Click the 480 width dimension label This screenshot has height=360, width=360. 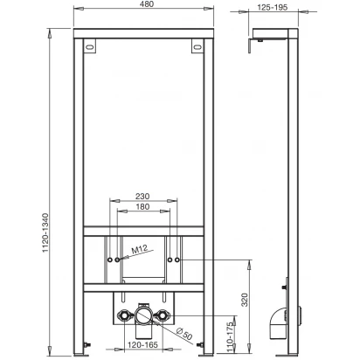pyautogui.click(x=147, y=4)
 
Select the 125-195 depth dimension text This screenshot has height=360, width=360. pyautogui.click(x=273, y=7)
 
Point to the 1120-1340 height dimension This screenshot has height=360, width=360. pyautogui.click(x=45, y=232)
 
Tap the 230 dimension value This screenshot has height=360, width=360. pyautogui.click(x=142, y=197)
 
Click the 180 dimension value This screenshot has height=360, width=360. pyautogui.click(x=142, y=207)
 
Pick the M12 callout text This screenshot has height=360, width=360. pyautogui.click(x=139, y=250)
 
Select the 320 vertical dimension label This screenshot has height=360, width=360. pyautogui.click(x=245, y=300)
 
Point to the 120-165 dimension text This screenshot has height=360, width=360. pyautogui.click(x=142, y=345)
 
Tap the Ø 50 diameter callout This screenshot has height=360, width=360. pyautogui.click(x=184, y=334)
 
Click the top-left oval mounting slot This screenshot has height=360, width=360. pyautogui.click(x=90, y=46)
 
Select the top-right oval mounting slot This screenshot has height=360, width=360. pyautogui.click(x=197, y=46)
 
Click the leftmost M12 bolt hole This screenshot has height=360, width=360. pyautogui.click(x=110, y=260)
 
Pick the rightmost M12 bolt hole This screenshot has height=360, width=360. pyautogui.click(x=177, y=260)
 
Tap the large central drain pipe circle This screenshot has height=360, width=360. pyautogui.click(x=143, y=315)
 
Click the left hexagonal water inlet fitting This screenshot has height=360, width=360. pyautogui.click(x=123, y=315)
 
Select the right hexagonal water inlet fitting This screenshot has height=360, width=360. pyautogui.click(x=163, y=315)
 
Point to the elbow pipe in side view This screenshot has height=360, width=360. pyautogui.click(x=278, y=322)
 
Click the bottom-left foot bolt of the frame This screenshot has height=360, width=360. pyautogui.click(x=87, y=344)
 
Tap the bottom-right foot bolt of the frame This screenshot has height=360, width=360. pyautogui.click(x=200, y=344)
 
